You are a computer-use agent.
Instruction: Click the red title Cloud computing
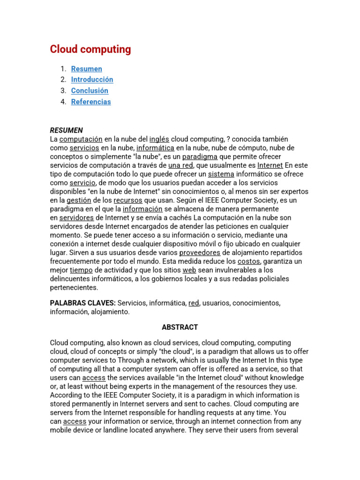(x=90, y=50)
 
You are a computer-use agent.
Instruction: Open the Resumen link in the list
(x=86, y=69)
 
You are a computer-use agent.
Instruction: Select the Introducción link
(x=92, y=80)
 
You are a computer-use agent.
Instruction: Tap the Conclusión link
(x=90, y=91)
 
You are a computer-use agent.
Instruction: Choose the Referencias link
(x=91, y=102)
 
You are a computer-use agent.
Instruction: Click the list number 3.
(x=63, y=91)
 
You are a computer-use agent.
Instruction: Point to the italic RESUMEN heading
(x=67, y=130)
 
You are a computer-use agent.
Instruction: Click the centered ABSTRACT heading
(x=180, y=327)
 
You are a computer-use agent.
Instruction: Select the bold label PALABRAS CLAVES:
(x=82, y=303)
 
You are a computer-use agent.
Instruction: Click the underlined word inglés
(x=159, y=139)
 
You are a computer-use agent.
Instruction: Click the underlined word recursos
(x=127, y=200)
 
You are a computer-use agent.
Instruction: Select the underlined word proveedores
(x=200, y=253)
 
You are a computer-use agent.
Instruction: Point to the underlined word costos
(x=249, y=261)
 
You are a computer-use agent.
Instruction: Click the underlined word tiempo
(x=81, y=270)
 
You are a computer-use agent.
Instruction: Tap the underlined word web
(x=189, y=270)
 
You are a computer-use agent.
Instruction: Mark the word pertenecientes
(x=74, y=287)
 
